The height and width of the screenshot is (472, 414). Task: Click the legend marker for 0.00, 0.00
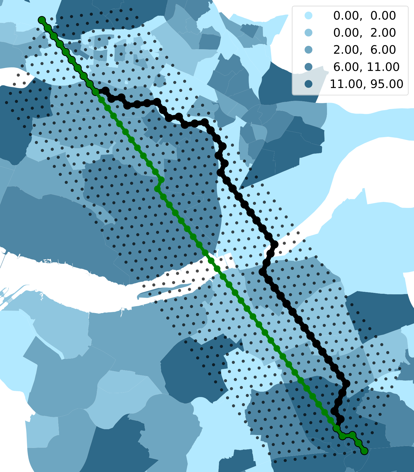(x=309, y=16)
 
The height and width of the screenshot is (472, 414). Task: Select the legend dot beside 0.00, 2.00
(x=309, y=33)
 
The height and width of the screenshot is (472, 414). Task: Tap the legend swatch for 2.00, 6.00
(x=309, y=50)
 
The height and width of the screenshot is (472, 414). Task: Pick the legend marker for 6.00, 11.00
(x=309, y=67)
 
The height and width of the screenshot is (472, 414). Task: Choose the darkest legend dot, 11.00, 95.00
(x=309, y=84)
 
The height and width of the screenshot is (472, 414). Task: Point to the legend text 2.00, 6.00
(x=364, y=50)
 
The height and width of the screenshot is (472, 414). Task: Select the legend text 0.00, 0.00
(x=364, y=16)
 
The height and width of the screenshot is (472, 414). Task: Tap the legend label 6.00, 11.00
(x=366, y=67)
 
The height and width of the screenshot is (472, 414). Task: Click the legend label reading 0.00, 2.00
(x=364, y=33)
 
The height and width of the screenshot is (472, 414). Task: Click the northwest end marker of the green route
(x=42, y=20)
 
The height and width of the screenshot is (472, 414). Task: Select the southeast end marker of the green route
(x=364, y=451)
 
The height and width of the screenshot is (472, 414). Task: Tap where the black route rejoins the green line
(x=337, y=428)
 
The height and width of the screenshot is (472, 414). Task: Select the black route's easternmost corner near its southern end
(x=347, y=384)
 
